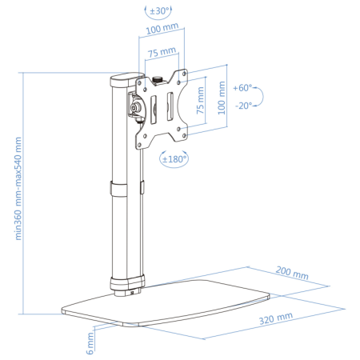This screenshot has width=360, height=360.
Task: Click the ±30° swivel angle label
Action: pos(159,11)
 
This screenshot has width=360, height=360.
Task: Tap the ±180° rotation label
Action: pos(174,159)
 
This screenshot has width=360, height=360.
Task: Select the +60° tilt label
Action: pos(242,88)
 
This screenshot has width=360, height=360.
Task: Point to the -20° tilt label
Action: pos(243,106)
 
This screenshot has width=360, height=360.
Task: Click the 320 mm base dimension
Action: pos(276,318)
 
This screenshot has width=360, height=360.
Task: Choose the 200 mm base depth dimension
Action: pos(292,273)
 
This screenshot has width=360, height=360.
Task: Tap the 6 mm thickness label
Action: pos(90,343)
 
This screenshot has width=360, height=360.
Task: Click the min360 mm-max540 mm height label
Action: pos(18,189)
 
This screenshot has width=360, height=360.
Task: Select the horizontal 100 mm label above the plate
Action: pos(162,29)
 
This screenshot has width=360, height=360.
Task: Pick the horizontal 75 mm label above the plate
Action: pos(162,52)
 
